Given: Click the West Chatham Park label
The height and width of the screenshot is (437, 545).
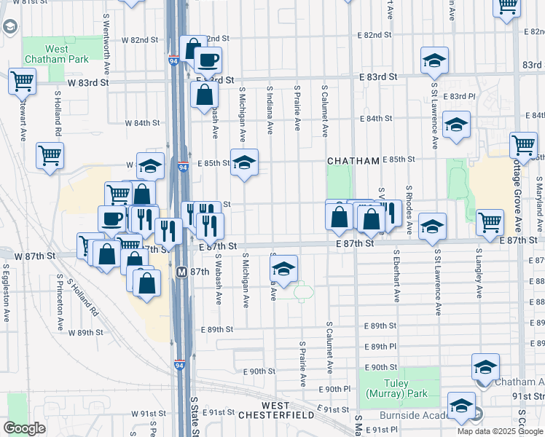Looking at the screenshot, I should click(x=56, y=54).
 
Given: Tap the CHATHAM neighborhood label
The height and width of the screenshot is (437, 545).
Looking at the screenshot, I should click(x=353, y=160).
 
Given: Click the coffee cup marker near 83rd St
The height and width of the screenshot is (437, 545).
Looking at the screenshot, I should click(x=208, y=60).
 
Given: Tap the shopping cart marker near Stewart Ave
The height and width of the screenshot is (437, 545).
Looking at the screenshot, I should click(x=22, y=81).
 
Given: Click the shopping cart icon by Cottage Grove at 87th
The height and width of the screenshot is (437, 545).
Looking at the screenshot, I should click(x=490, y=221).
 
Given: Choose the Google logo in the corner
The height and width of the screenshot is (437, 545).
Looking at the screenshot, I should click(x=25, y=428).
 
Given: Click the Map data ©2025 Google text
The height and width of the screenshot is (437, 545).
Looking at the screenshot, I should click(x=500, y=431).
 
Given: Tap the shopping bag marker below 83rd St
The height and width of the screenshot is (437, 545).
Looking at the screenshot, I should click(x=205, y=94).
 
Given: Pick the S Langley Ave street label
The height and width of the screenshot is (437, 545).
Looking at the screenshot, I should click(x=479, y=275).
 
